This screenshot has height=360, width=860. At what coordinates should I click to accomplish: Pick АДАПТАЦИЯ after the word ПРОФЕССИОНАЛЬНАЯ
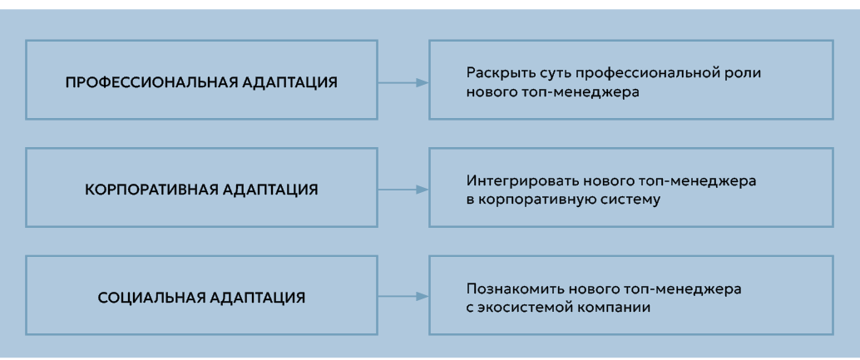click(284, 83)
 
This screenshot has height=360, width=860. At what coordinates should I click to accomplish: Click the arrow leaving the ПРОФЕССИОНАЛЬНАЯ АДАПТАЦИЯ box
click(403, 83)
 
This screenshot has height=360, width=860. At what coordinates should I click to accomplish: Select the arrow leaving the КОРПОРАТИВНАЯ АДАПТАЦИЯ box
click(403, 190)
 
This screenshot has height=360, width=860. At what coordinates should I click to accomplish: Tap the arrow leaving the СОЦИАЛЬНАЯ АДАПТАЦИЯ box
click(403, 296)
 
